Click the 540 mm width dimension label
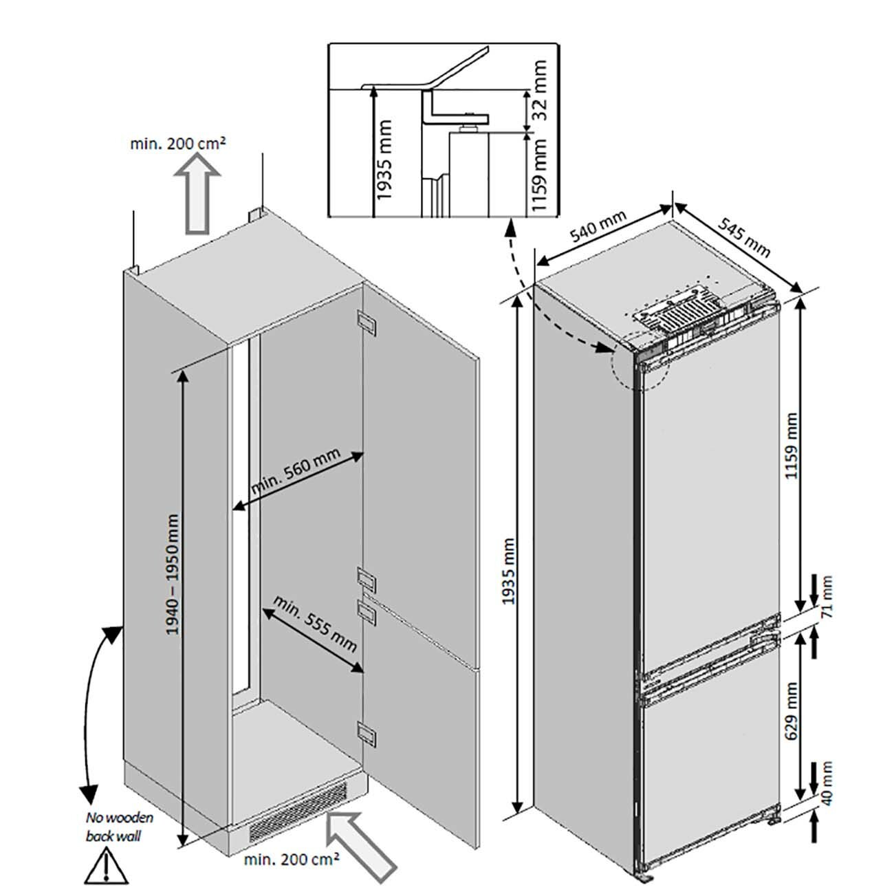(599, 226)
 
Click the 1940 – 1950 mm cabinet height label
(173, 574)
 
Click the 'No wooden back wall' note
(119, 827)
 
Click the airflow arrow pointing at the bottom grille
(361, 844)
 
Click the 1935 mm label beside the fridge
(508, 570)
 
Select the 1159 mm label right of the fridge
(792, 446)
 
